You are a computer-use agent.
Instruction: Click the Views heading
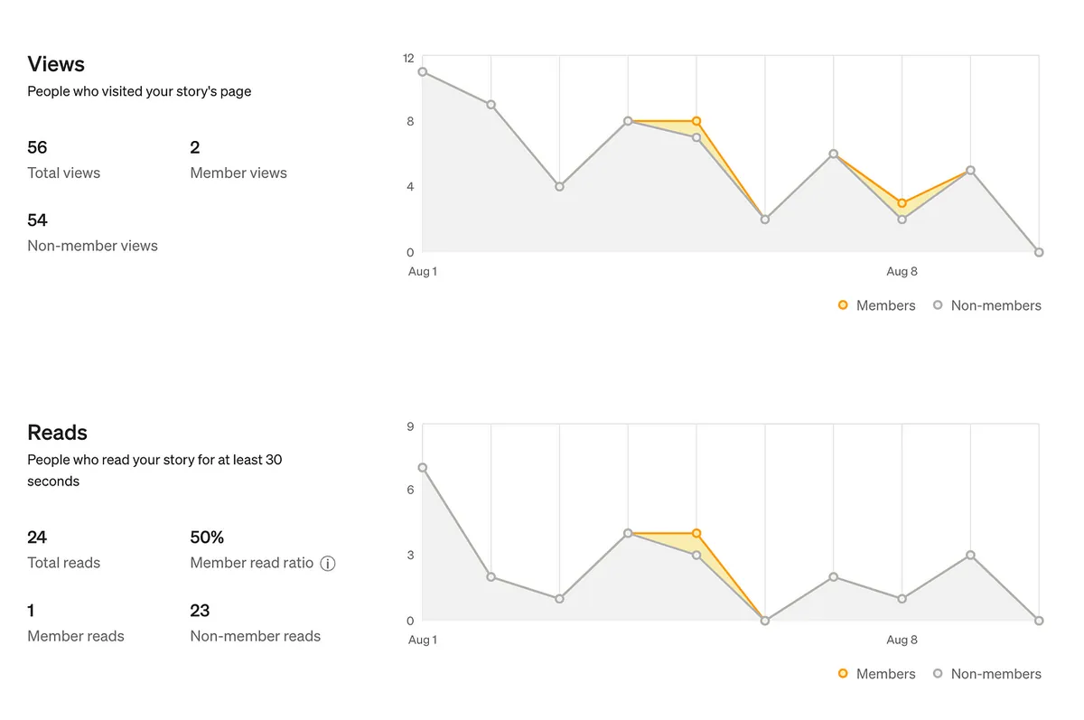coord(56,64)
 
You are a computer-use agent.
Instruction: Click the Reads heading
coord(57,433)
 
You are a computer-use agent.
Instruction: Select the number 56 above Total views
coord(37,147)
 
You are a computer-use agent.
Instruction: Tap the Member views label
coord(238,173)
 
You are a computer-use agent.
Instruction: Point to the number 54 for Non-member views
coord(37,220)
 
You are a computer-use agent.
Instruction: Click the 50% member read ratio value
coord(207,538)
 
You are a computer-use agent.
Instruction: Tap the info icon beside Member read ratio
coord(328,564)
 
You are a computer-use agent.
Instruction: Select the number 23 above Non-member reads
coord(200,611)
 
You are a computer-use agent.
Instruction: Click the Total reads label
coord(64,563)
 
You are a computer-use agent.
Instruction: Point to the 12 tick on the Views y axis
coord(408,58)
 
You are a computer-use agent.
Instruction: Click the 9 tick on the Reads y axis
coord(410,426)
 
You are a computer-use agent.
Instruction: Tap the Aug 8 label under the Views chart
coord(902,271)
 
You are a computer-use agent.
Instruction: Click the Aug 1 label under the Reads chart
coord(422,640)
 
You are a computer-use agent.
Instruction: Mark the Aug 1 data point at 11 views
coord(423,72)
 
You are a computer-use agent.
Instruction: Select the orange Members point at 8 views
coord(696,121)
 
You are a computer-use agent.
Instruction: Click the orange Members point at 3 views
coord(902,203)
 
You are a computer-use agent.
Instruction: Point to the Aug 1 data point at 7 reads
coord(423,468)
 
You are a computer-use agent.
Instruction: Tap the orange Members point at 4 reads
coord(696,534)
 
